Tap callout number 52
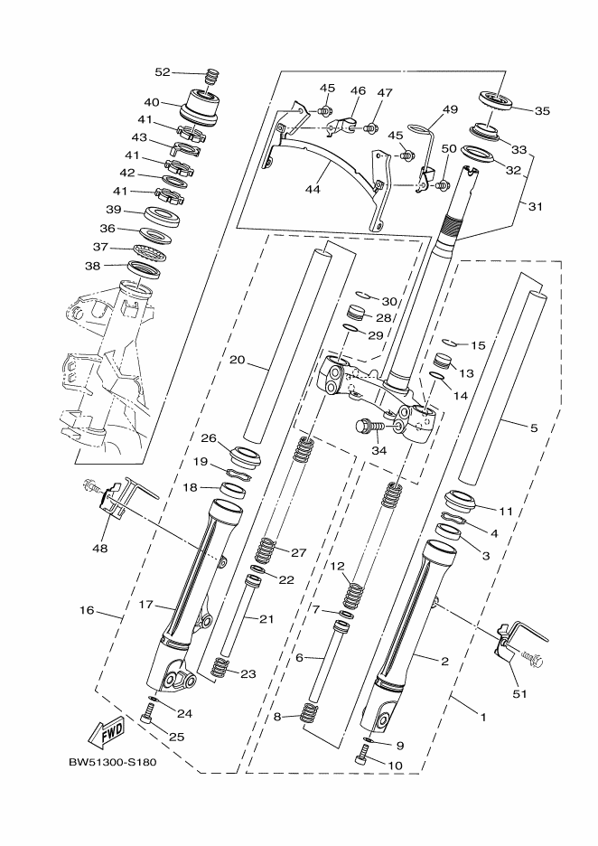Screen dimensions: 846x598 coord(163,72)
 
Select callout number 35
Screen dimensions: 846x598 coord(542,111)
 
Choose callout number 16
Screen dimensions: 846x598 coord(87,611)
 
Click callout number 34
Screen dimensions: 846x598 coord(378,449)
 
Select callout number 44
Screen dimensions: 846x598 coord(313,190)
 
